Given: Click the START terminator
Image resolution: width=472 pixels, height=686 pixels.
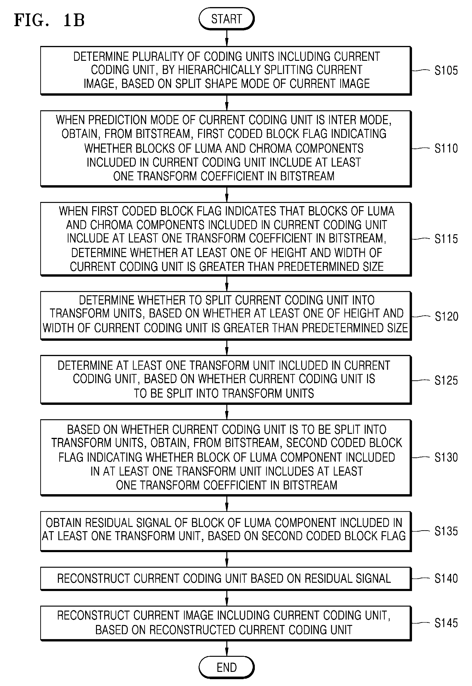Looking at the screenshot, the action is (x=227, y=19).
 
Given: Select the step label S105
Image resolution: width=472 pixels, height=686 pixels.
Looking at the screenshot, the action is (x=446, y=70).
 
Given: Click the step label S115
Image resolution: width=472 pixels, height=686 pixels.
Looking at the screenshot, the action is (x=446, y=239).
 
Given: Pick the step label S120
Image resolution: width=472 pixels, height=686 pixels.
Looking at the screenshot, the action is (x=446, y=316).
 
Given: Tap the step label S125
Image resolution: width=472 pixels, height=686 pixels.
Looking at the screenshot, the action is (x=446, y=380).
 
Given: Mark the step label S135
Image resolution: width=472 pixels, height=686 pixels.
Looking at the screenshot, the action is (x=446, y=531).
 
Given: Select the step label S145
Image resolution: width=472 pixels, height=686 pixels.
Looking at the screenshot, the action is (x=446, y=623).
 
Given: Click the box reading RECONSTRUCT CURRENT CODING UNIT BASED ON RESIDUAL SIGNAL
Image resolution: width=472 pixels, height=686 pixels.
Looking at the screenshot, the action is (x=226, y=579).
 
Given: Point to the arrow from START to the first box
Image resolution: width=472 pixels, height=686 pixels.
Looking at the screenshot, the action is (x=227, y=38).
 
